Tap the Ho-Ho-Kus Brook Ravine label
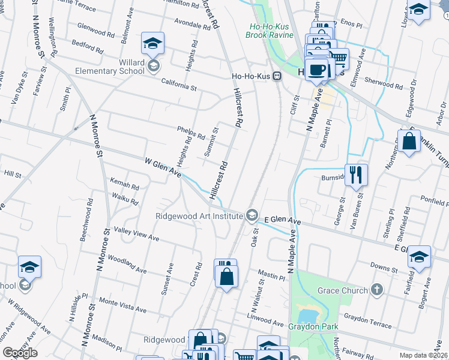pos(269,31)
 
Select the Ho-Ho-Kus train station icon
pos(277,76)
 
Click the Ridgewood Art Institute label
pos(199,216)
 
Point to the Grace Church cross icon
pos(376,291)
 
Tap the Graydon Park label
pos(313,327)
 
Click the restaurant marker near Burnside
pos(357,175)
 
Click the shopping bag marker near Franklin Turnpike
pos(409,142)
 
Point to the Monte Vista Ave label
pos(123,305)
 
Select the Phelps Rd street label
pos(191,132)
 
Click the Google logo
pos(20,353)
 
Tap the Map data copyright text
pos(424,355)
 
